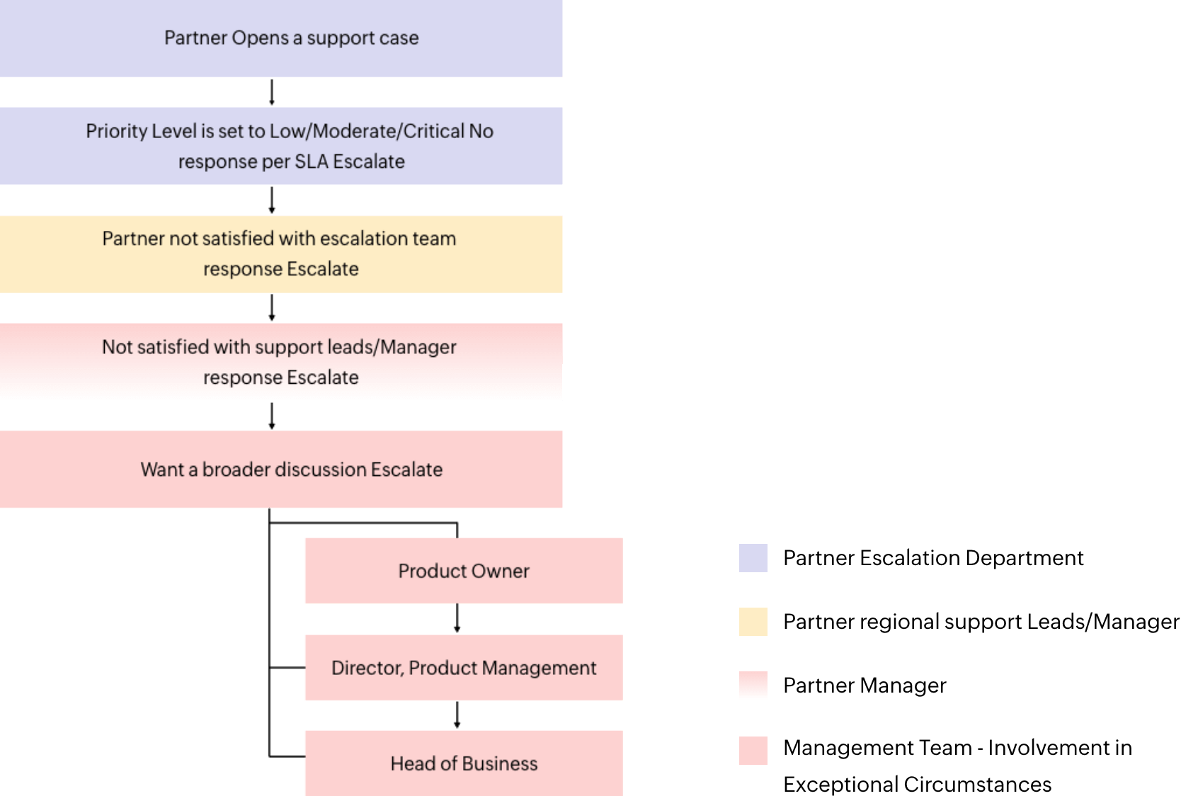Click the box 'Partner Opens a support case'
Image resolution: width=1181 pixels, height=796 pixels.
[281, 39]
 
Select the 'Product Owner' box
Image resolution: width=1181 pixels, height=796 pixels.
[463, 571]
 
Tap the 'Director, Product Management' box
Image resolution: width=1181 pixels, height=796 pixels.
[463, 668]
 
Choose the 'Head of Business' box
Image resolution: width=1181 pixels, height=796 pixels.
[463, 763]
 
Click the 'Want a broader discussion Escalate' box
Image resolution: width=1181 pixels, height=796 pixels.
[281, 469]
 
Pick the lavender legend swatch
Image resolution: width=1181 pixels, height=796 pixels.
[753, 558]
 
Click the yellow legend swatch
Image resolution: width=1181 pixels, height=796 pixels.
[753, 622]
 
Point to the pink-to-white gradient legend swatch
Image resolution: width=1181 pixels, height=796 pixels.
[753, 686]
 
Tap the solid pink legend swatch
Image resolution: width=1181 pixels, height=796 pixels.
[753, 751]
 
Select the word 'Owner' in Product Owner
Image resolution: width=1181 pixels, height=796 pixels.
[501, 572]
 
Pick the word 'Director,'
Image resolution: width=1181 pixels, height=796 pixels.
[367, 669]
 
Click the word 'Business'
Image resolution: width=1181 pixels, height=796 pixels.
[503, 764]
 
